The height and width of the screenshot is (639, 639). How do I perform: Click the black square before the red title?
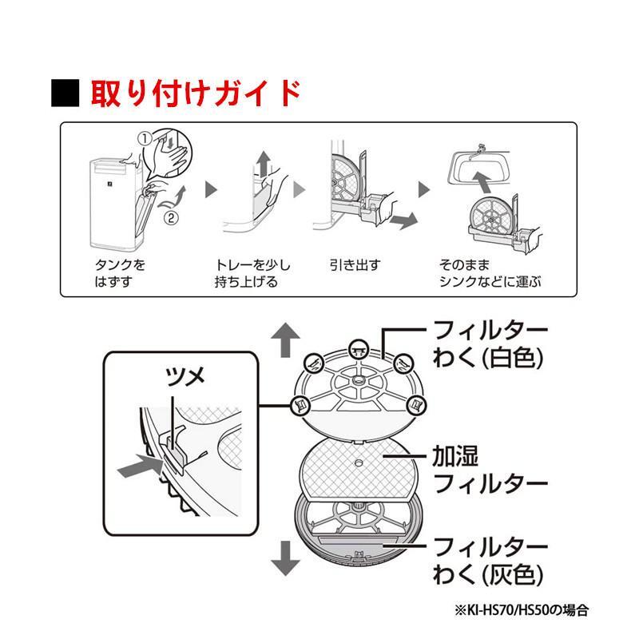[65, 93]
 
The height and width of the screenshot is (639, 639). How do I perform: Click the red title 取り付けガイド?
[196, 93]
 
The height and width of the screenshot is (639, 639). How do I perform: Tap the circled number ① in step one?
[145, 138]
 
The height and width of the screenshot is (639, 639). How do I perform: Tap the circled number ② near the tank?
[171, 218]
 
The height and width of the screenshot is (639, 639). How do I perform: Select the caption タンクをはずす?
[120, 273]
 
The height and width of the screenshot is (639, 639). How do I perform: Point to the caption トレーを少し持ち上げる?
[252, 273]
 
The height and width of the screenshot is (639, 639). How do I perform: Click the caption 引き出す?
[355, 265]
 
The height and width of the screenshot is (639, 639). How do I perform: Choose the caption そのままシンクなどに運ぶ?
[490, 273]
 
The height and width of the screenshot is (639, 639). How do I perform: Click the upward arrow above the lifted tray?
[264, 164]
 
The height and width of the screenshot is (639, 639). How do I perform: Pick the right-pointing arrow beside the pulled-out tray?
[403, 220]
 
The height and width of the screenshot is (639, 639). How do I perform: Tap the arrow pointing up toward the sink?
[483, 182]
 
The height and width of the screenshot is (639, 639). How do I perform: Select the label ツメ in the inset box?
[185, 376]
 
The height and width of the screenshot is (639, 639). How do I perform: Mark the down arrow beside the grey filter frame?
[285, 558]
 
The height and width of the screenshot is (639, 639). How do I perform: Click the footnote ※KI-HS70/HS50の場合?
[522, 610]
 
